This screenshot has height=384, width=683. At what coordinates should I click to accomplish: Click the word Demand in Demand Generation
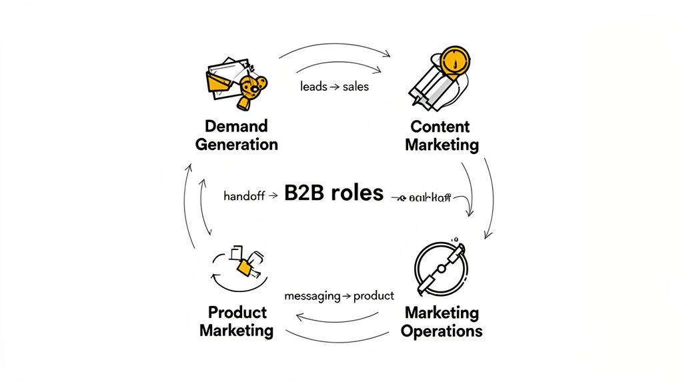(236, 126)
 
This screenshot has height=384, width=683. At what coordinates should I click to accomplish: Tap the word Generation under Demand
(236, 144)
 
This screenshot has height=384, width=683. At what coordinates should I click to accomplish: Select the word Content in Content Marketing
(440, 127)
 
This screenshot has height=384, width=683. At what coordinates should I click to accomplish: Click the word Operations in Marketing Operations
(442, 331)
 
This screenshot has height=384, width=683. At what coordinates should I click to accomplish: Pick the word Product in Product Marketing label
(237, 312)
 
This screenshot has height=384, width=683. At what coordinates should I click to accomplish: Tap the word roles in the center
(358, 193)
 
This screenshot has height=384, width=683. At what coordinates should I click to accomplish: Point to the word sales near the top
(356, 87)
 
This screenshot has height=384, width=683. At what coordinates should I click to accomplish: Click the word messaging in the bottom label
(312, 295)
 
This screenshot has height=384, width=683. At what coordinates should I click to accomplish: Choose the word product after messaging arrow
(374, 295)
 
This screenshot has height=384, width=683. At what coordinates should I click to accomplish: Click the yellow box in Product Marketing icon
(245, 267)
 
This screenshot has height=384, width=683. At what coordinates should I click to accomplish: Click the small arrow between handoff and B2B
(271, 197)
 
